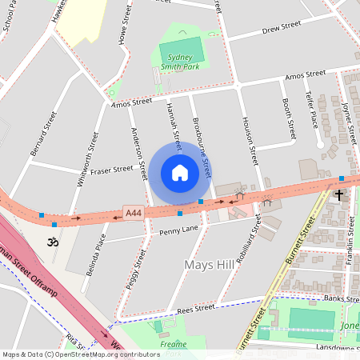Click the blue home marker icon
pyautogui.click(x=180, y=173)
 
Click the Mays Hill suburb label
pyautogui.click(x=208, y=265)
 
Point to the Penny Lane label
pyautogui.click(x=178, y=231)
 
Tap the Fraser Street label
pyautogui.click(x=111, y=170)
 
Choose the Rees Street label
pyautogui.click(x=196, y=308)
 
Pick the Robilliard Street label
pyautogui.click(x=250, y=237)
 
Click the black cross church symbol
pyautogui.click(x=338, y=194)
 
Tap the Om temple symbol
pyautogui.click(x=53, y=241)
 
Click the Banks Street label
pyautogui.click(x=342, y=298)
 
